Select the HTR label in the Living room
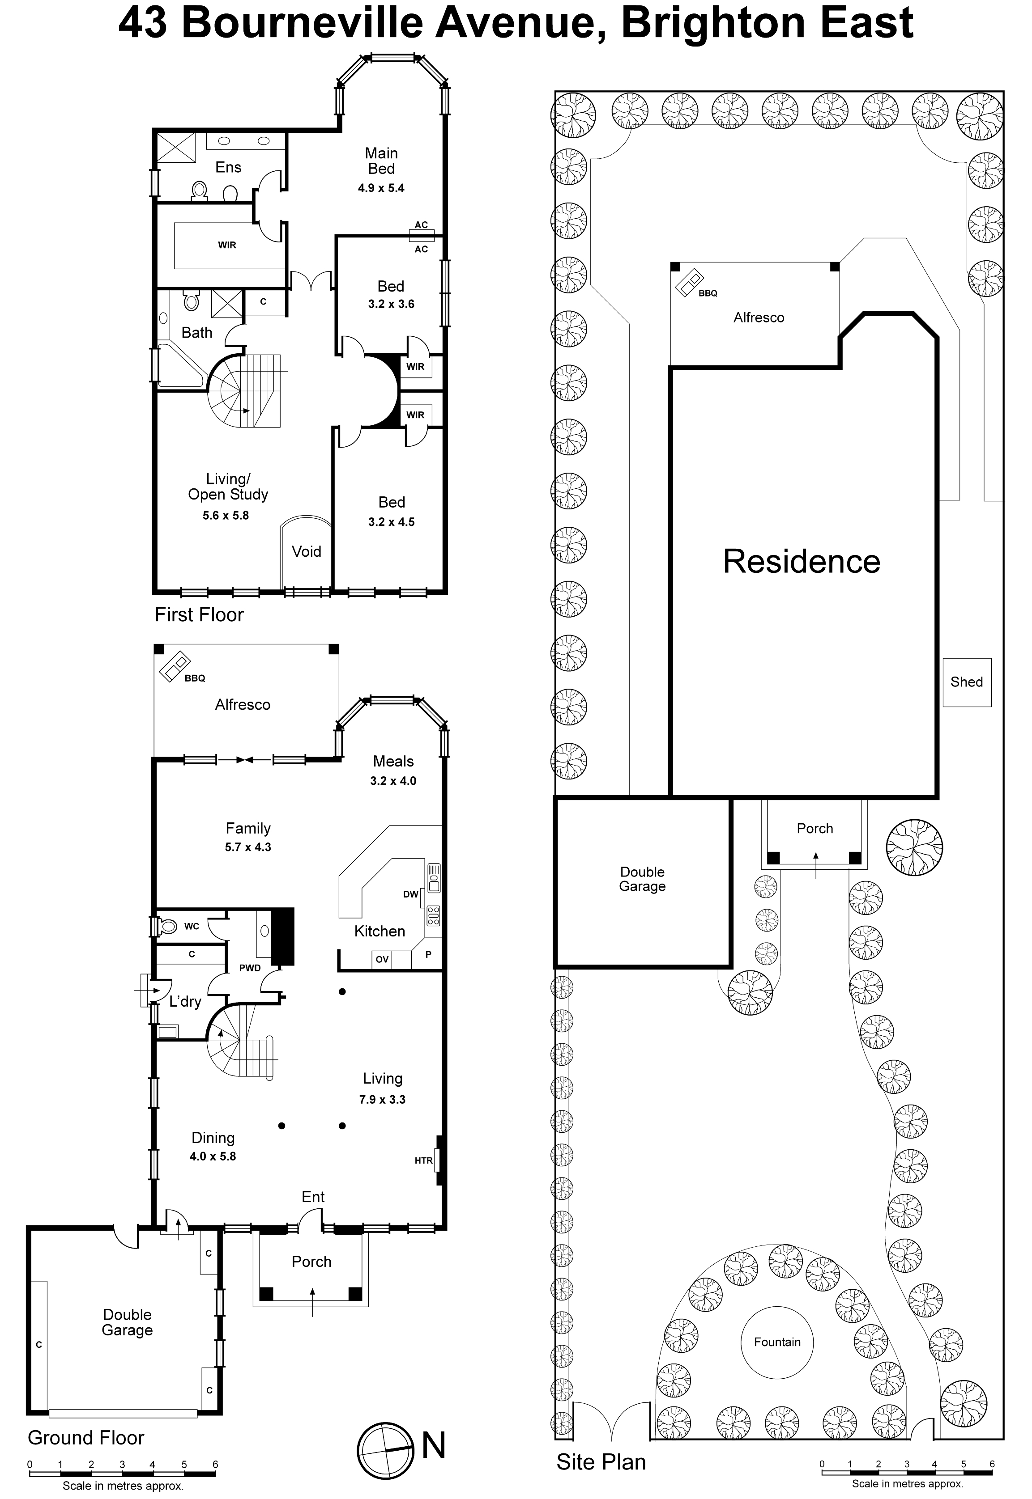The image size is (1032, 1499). tap(423, 1160)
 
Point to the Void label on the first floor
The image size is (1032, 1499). tap(307, 551)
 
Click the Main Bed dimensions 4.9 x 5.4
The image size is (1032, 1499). tap(381, 188)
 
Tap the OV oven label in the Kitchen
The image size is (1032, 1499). tap(382, 960)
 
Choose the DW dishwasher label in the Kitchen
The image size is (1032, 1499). tap(410, 894)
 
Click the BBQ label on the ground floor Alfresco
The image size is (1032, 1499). tap(195, 678)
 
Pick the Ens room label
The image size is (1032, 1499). tap(228, 167)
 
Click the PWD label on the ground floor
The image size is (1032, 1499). tap(250, 968)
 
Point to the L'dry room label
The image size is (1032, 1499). tap(186, 1001)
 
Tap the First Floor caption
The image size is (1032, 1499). tap(199, 614)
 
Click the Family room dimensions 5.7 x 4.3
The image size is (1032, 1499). tap(248, 847)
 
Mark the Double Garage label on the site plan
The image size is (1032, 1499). tap(642, 879)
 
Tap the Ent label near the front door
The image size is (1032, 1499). tap(313, 1197)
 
